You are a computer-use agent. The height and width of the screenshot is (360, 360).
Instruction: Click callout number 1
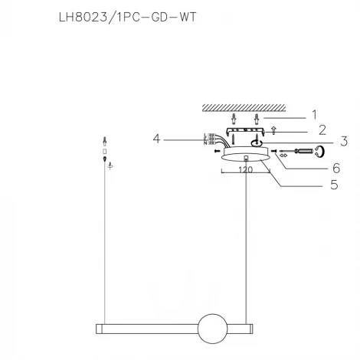click(313, 114)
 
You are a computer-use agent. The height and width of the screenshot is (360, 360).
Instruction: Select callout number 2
click(322, 129)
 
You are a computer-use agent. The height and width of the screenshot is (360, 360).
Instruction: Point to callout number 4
click(156, 139)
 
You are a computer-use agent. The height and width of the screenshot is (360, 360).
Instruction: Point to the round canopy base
click(245, 156)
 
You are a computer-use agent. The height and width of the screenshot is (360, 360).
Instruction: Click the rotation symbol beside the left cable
click(110, 165)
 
